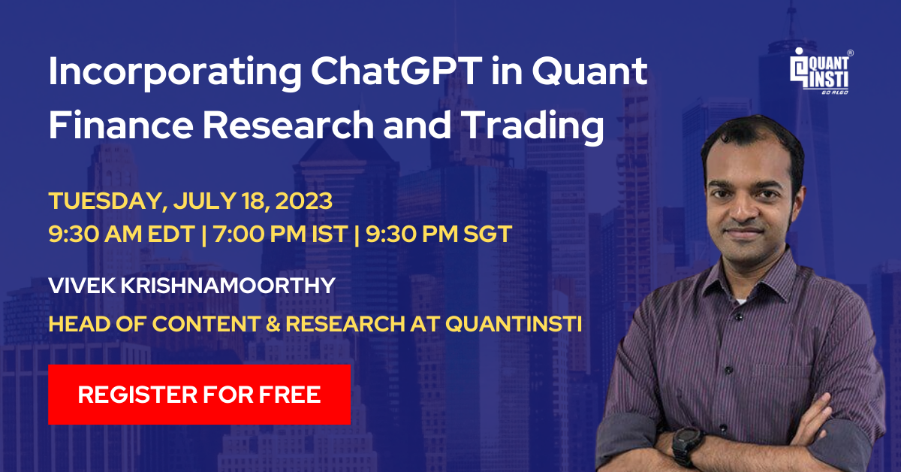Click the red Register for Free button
point(199,395)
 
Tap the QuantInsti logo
point(821,71)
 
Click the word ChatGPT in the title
point(396,71)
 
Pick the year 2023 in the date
point(303,201)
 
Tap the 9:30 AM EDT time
point(122,234)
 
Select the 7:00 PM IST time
point(280,234)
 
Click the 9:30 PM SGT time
point(438,234)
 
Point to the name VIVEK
point(80,286)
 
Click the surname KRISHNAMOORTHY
point(228,286)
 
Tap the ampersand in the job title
point(273,324)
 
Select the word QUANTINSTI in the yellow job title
point(514,324)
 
